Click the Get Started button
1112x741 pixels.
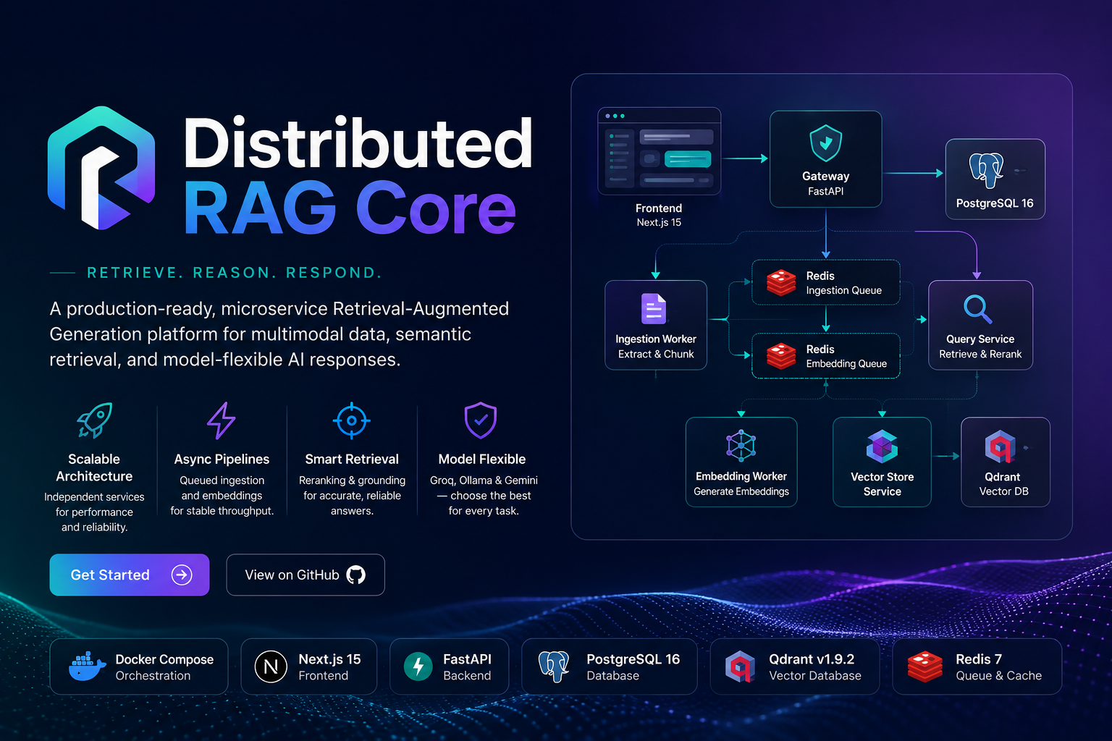tap(129, 575)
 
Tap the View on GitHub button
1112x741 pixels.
tap(306, 575)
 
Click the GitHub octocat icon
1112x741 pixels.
tap(355, 575)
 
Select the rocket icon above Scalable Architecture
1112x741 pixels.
tap(94, 420)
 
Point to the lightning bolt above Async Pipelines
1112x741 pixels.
tap(222, 420)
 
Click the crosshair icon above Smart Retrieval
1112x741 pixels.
tap(351, 420)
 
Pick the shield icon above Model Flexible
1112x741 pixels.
tap(481, 420)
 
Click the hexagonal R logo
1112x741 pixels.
tap(101, 168)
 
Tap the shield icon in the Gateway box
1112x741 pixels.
tap(825, 143)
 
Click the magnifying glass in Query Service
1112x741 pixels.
tap(977, 309)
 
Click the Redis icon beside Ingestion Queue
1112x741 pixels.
tap(781, 282)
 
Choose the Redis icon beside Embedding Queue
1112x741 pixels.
tap(781, 356)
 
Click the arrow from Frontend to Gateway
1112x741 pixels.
tap(745, 158)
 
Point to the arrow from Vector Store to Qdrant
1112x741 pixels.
tap(945, 456)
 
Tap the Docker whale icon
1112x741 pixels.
tap(87, 666)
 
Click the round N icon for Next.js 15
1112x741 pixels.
tap(271, 666)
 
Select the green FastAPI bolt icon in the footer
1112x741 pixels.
tap(418, 666)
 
